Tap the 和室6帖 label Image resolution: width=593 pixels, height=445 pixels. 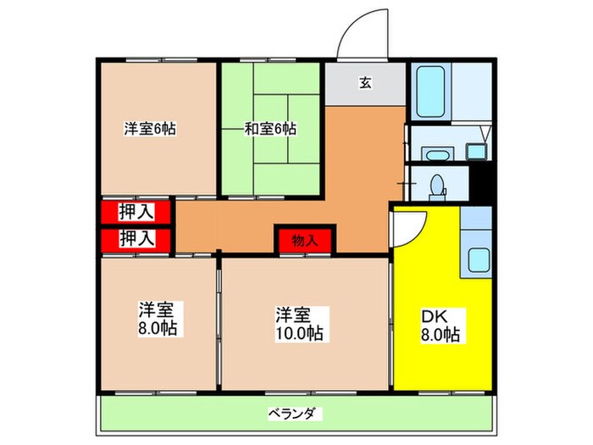coord(270,130)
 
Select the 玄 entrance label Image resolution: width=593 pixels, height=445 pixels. coord(365,83)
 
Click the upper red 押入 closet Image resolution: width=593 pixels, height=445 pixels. coord(136,211)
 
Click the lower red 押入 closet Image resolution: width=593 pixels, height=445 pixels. coord(136,238)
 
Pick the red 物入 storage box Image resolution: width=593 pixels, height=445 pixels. coord(306,240)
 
